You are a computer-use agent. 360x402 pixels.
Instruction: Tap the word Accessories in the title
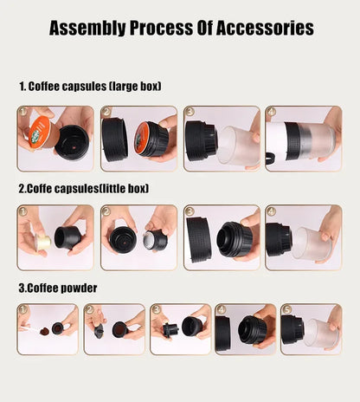pyautogui.click(x=260, y=29)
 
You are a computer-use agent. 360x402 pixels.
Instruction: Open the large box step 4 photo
pyautogui.click(x=303, y=139)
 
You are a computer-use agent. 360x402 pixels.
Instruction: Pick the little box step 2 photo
pyautogui.click(x=138, y=237)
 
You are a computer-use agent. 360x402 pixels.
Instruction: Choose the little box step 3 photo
pyautogui.click(x=222, y=237)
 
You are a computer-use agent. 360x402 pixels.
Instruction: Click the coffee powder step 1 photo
pyautogui.click(x=47, y=328)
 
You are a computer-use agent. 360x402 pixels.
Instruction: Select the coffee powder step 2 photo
pyautogui.click(x=113, y=328)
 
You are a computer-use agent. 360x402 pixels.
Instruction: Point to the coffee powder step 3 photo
pyautogui.click(x=180, y=328)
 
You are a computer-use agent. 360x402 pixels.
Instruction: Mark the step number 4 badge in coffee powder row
pyautogui.click(x=221, y=308)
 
